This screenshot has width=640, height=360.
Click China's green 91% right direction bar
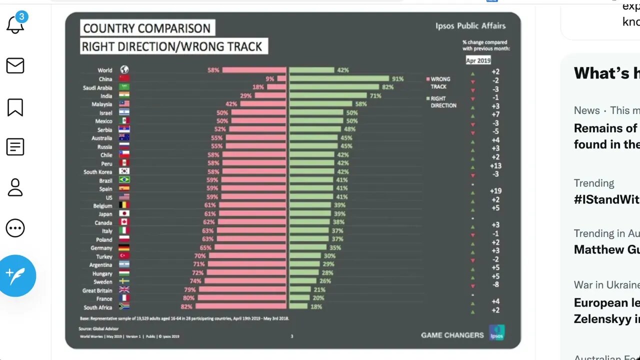(x=339, y=78)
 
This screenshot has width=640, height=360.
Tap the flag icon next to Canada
(x=124, y=222)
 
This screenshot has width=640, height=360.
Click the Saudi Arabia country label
(x=97, y=87)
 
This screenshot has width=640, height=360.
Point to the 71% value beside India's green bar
(x=375, y=95)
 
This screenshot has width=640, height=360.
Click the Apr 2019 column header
(x=478, y=60)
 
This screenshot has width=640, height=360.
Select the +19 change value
(x=495, y=191)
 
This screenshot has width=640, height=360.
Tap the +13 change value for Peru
(x=495, y=165)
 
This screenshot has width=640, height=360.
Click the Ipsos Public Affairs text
(x=470, y=25)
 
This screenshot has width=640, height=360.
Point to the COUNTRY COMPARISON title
(x=147, y=28)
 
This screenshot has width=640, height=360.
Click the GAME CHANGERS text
(x=452, y=335)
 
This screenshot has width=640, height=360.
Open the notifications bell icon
(x=15, y=24)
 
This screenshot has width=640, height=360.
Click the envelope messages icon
(x=15, y=65)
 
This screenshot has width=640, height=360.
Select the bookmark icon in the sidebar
(x=15, y=106)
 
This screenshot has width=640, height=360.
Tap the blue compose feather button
(x=16, y=275)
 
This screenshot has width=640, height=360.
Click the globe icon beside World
(x=124, y=70)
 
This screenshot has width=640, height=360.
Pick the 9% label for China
(x=270, y=78)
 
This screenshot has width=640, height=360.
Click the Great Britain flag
(x=124, y=290)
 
